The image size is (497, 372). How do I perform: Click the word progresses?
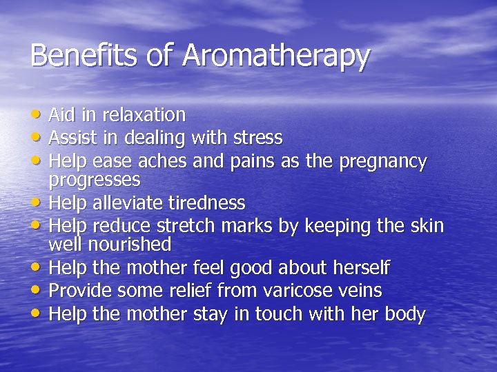click(95, 181)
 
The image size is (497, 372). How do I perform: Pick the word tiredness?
click(204, 203)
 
